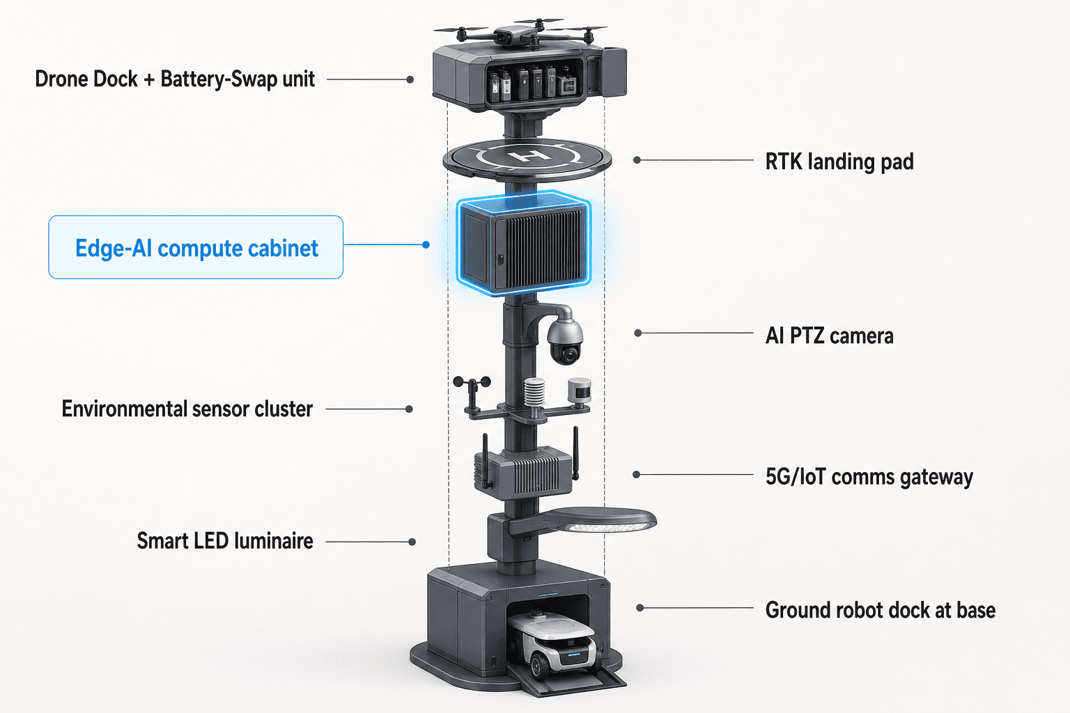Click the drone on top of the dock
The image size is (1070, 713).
pyautogui.click(x=520, y=33)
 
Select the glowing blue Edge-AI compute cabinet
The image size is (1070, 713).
pyautogui.click(x=524, y=244)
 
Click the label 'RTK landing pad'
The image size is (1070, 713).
pyautogui.click(x=839, y=162)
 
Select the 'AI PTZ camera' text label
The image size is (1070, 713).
pyautogui.click(x=829, y=335)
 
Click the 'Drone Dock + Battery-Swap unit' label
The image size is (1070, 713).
pyautogui.click(x=175, y=79)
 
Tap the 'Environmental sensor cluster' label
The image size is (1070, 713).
pyautogui.click(x=187, y=409)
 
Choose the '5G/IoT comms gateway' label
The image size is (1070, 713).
pyautogui.click(x=869, y=477)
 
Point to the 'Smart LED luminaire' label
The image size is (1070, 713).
pyautogui.click(x=225, y=541)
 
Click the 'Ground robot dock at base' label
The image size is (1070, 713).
pyautogui.click(x=881, y=611)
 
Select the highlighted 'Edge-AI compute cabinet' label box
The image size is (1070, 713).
pyautogui.click(x=196, y=247)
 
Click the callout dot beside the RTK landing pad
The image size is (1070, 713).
pyautogui.click(x=637, y=160)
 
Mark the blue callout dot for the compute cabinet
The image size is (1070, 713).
pyautogui.click(x=426, y=244)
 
